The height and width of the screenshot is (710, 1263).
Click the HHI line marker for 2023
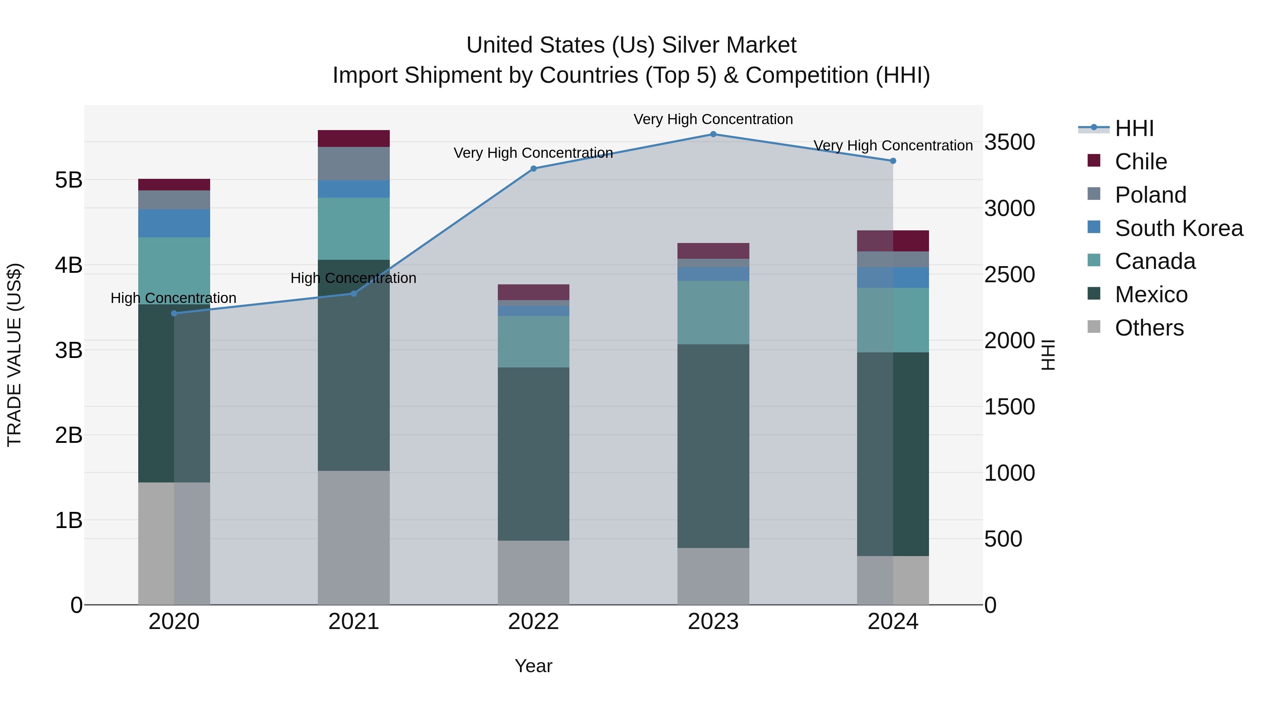(x=713, y=134)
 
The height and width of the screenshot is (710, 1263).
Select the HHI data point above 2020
(x=174, y=313)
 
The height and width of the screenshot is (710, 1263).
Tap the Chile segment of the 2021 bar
(x=354, y=138)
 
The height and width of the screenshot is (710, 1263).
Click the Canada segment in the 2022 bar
(x=533, y=342)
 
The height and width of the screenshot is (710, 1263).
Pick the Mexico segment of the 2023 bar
(x=713, y=446)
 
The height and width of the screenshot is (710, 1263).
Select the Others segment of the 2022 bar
(x=533, y=572)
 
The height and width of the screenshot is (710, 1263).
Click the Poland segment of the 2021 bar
(x=354, y=164)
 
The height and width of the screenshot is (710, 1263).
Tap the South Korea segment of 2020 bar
(x=174, y=223)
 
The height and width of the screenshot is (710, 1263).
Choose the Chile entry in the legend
(x=1141, y=162)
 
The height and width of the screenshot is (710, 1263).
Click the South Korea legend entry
(x=1179, y=228)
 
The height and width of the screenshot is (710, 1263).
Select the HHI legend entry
(x=1134, y=128)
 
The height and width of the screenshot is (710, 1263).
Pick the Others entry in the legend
(x=1149, y=328)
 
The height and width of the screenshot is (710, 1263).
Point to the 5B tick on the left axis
(x=69, y=180)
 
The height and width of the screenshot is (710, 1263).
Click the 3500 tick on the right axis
(x=1009, y=142)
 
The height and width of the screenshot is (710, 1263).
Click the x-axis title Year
(x=533, y=666)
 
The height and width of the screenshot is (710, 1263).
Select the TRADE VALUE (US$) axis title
(x=14, y=355)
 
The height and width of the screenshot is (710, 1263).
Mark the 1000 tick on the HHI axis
(x=1009, y=473)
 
